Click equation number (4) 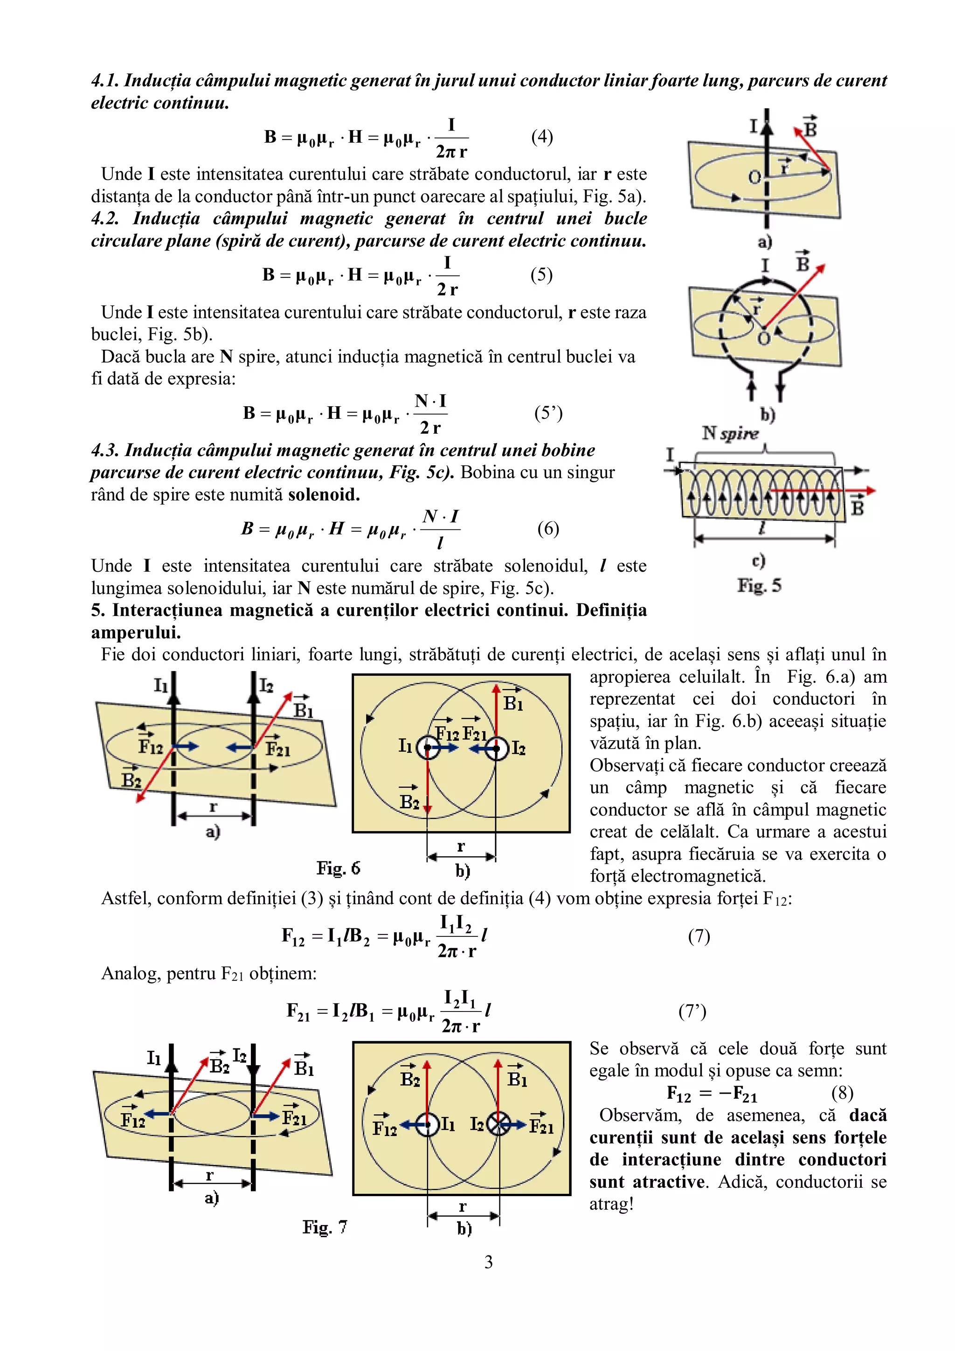(x=541, y=137)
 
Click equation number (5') (x=548, y=413)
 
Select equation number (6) (x=548, y=528)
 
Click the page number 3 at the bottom (x=488, y=1261)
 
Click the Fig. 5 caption (x=759, y=585)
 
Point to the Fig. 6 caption (x=339, y=868)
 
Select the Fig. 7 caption (x=325, y=1227)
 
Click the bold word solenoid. (x=324, y=495)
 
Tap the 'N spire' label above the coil (x=730, y=434)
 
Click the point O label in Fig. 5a (x=754, y=177)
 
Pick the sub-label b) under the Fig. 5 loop (x=767, y=415)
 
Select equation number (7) (x=699, y=935)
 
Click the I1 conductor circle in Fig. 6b (x=428, y=748)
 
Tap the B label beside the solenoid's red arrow (x=858, y=507)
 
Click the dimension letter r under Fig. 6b (x=461, y=846)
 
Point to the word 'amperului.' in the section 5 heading (x=136, y=632)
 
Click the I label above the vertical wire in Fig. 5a (x=754, y=126)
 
